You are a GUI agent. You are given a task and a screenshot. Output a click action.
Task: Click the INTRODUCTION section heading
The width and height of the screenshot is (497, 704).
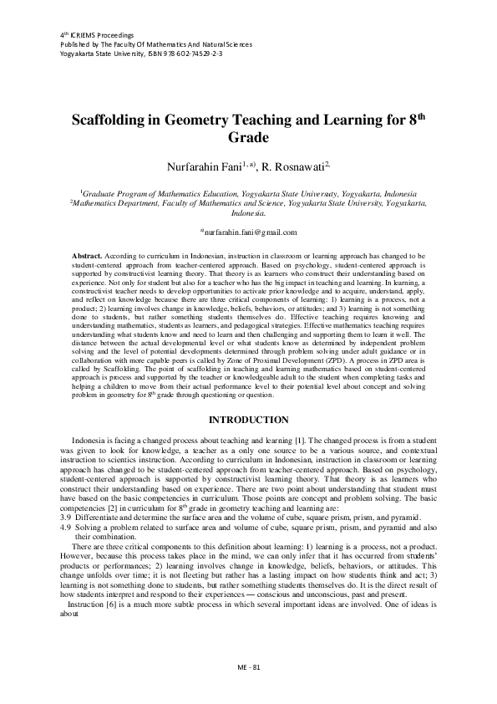click(x=248, y=418)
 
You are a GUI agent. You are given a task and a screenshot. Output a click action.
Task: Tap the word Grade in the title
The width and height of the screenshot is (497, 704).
click(x=248, y=137)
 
